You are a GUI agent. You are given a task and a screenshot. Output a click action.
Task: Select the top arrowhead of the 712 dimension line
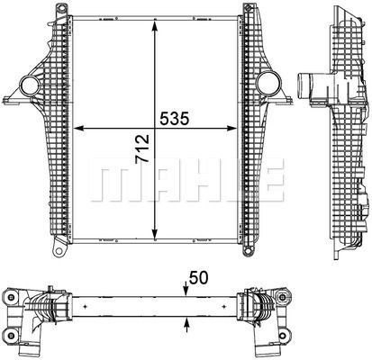[x=158, y=21]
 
